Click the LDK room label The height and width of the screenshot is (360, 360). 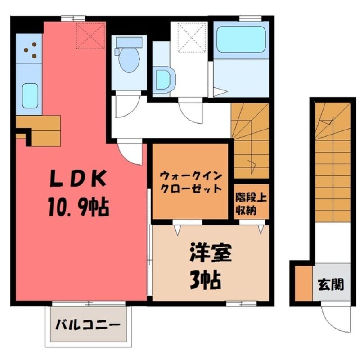[78, 178]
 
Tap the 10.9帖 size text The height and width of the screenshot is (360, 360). [78, 207]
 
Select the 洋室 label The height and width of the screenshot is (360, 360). [210, 253]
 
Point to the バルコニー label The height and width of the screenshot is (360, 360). [88, 325]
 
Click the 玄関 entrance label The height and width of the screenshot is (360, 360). [331, 285]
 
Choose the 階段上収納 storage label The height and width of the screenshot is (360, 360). [251, 204]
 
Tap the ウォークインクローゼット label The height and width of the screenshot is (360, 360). [190, 183]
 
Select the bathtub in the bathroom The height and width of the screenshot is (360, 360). [241, 39]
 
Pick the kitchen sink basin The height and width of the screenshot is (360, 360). [30, 95]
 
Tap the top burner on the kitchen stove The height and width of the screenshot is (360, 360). [34, 44]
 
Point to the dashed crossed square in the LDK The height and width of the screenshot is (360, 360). [91, 36]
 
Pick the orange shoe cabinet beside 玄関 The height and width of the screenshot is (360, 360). [303, 283]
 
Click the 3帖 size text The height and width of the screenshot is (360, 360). [205, 280]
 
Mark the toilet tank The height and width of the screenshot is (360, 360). [129, 42]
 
